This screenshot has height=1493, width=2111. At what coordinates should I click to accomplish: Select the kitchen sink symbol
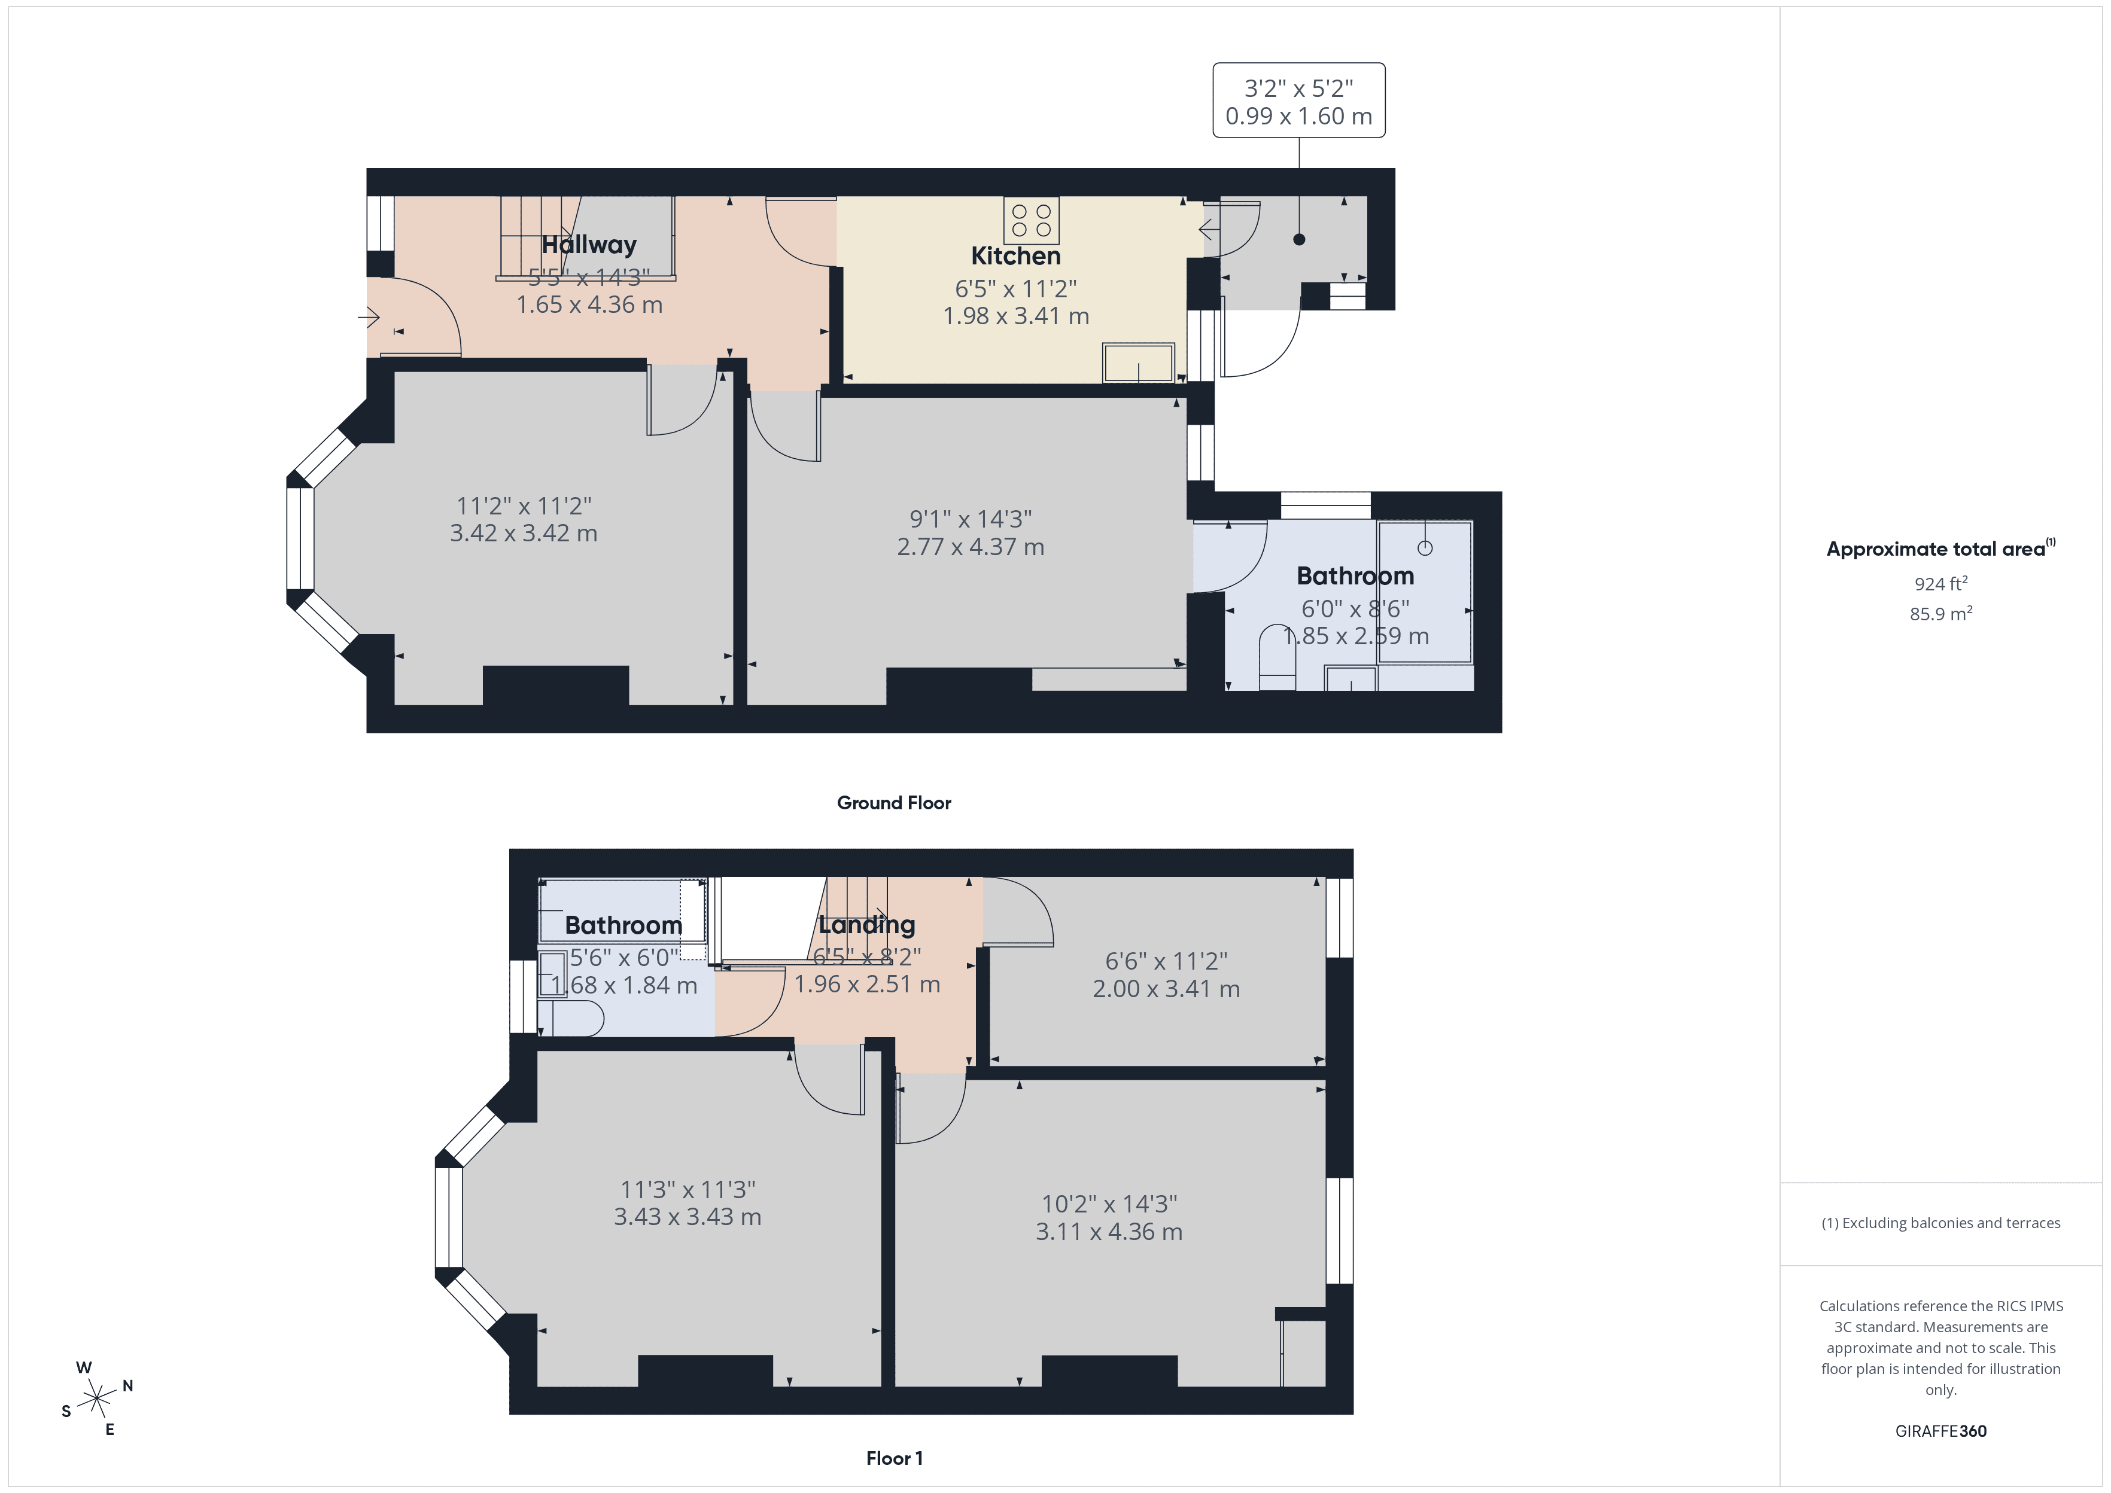coord(1138,362)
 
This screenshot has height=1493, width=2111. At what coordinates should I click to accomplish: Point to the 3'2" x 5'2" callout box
coord(1298,101)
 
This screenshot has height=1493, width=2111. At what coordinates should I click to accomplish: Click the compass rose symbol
coord(96,1399)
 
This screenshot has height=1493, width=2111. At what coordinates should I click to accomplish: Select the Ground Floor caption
coord(894,803)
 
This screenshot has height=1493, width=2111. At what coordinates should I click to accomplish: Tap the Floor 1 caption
coord(894,1458)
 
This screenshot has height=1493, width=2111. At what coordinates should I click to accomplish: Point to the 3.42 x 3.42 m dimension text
coord(523,533)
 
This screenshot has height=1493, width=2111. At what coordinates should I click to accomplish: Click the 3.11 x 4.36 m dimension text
coord(1109,1232)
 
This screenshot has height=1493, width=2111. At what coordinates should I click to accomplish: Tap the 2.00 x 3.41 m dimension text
coord(1166,989)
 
